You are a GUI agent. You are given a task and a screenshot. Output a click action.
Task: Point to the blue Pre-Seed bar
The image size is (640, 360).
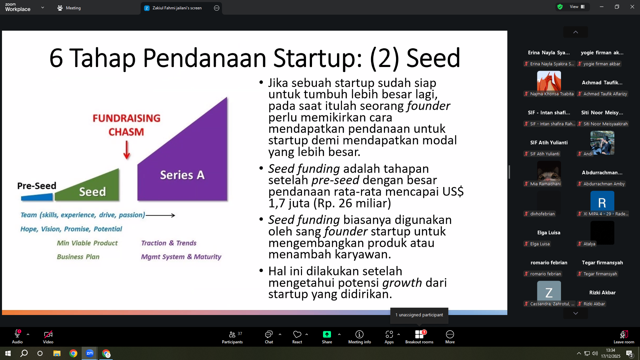click(37, 197)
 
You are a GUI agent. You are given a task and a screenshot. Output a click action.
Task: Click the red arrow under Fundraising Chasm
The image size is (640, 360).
click(127, 150)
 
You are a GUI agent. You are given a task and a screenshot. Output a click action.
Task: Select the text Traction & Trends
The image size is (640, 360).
click(169, 243)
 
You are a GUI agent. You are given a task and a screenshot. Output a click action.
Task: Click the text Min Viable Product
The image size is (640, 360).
click(87, 243)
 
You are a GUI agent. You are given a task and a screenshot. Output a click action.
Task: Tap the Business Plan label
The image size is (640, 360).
click(78, 257)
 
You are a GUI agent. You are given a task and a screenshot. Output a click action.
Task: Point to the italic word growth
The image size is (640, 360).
click(402, 283)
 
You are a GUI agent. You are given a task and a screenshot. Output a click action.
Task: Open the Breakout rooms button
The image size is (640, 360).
click(419, 337)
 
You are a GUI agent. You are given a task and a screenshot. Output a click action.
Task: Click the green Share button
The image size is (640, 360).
click(327, 337)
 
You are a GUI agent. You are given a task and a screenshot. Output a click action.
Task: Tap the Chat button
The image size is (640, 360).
click(269, 337)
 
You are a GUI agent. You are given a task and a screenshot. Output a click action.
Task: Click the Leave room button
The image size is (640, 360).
click(624, 337)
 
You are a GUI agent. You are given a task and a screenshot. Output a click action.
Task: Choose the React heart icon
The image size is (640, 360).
click(297, 334)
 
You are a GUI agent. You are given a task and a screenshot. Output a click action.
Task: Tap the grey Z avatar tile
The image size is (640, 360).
click(549, 292)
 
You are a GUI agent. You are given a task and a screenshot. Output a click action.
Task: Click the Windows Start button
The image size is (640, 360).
click(8, 353)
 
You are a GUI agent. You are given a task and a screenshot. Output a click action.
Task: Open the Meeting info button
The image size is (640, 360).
click(359, 337)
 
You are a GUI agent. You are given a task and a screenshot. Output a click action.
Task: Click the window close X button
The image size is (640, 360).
click(632, 7)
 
